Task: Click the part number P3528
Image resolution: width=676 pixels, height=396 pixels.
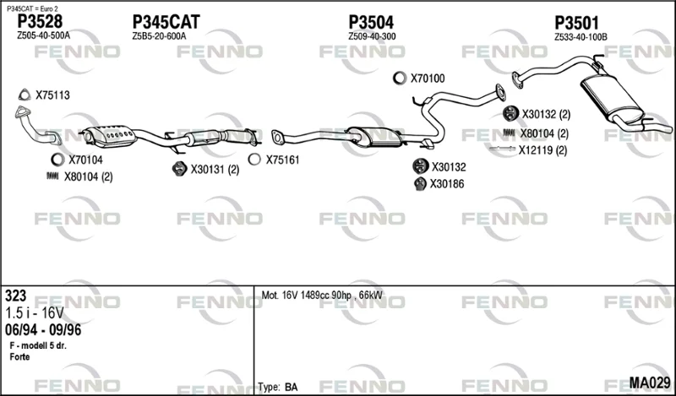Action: (x=40, y=21)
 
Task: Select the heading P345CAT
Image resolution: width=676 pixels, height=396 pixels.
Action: (x=166, y=22)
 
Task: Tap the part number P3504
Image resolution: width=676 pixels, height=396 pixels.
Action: (x=371, y=22)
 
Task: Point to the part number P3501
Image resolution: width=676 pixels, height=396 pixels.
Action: (x=576, y=23)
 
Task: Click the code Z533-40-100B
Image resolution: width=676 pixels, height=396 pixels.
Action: (x=581, y=37)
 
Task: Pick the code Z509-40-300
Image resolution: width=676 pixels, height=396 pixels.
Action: (x=372, y=36)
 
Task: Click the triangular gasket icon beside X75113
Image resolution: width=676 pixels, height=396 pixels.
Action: (x=25, y=95)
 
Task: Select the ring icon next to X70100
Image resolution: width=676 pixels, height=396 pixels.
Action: (x=400, y=78)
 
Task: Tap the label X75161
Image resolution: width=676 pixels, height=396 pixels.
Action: (x=282, y=160)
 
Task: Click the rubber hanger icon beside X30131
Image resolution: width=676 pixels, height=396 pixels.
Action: (x=178, y=169)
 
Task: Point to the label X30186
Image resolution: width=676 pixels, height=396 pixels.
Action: (x=447, y=184)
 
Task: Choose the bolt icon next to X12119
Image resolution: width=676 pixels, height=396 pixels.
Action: (x=502, y=149)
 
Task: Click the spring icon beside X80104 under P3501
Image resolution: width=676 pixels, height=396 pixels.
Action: (x=510, y=133)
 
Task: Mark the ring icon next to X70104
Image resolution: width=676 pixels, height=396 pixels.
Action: (x=57, y=160)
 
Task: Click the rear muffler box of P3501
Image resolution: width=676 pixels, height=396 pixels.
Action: (x=612, y=98)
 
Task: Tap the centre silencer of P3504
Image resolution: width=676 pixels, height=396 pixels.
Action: (x=374, y=137)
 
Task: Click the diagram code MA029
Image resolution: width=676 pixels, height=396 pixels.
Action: (x=650, y=382)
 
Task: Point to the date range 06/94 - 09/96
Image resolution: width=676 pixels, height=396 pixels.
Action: (x=43, y=330)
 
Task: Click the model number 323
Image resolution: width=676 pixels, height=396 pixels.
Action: (x=15, y=296)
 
